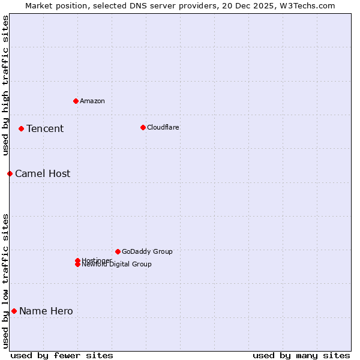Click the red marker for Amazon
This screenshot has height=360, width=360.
coord(76,101)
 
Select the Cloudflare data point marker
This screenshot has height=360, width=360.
coord(143,127)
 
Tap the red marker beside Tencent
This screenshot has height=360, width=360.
coord(21,128)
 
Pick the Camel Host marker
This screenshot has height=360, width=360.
coord(10,173)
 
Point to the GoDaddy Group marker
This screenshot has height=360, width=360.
coord(118,251)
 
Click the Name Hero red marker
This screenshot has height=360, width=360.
coord(14,311)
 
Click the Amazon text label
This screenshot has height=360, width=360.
coord(92,101)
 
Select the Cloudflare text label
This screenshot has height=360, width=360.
coord(163,127)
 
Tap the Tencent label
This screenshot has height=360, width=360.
coord(45,128)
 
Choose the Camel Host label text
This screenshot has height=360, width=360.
coord(43,173)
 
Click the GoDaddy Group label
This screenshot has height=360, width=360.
coord(147,251)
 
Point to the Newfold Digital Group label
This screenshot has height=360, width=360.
coord(117,265)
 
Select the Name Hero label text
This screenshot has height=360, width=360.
coord(46,311)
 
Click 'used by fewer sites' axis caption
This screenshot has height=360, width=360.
coord(62,355)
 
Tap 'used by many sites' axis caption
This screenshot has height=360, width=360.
coord(301,355)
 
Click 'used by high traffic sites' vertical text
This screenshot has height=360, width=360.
coord(5,85)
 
